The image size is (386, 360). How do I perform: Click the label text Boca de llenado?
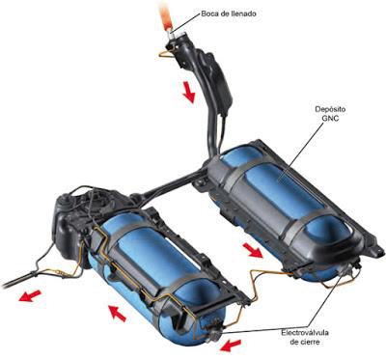pyautogui.click(x=229, y=14)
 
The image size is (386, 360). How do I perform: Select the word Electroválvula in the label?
pyautogui.click(x=305, y=333)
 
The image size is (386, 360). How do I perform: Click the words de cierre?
pyautogui.click(x=305, y=342)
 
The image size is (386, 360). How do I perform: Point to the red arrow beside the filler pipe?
pyautogui.click(x=189, y=92)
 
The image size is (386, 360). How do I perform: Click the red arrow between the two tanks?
pyautogui.click(x=253, y=250)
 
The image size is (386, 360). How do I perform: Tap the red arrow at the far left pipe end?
pyautogui.click(x=30, y=295)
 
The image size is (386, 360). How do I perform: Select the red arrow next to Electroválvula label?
pyautogui.click(x=232, y=346)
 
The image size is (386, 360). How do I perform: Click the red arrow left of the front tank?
pyautogui.click(x=117, y=314)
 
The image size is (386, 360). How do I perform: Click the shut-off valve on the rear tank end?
pyautogui.click(x=348, y=268)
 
